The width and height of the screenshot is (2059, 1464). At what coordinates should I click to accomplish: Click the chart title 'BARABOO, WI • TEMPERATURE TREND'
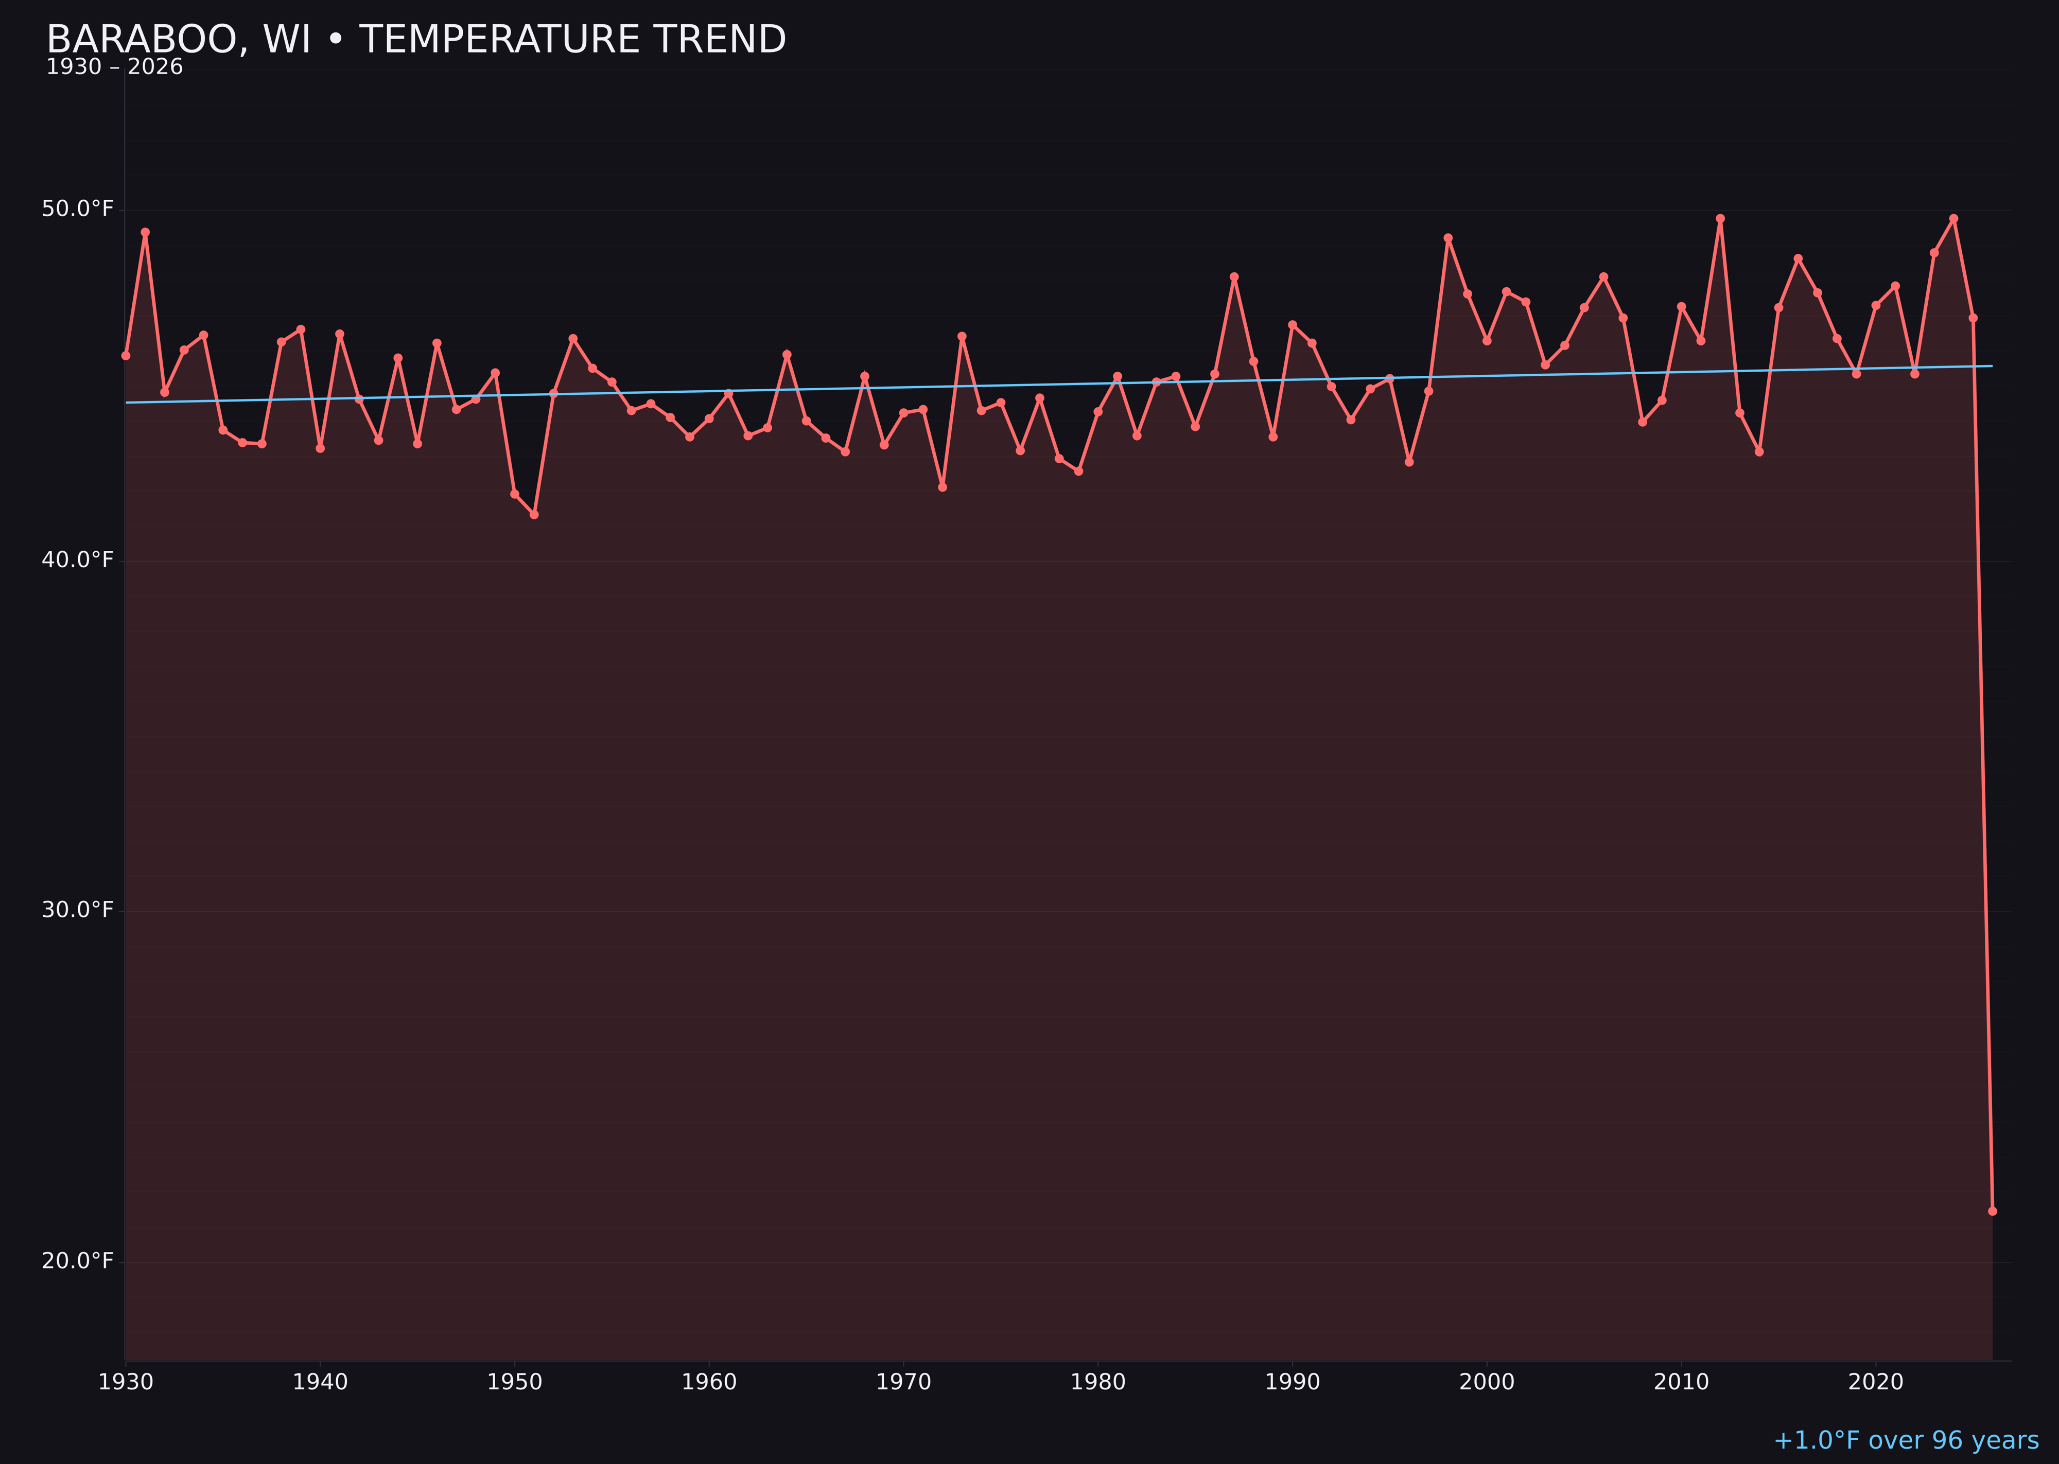click(x=415, y=40)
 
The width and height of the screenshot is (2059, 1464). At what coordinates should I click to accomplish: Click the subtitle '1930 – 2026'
click(x=114, y=67)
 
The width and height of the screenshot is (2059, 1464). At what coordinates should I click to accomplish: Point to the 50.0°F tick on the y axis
click(x=78, y=209)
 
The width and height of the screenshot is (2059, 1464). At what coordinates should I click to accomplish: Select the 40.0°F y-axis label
click(x=78, y=560)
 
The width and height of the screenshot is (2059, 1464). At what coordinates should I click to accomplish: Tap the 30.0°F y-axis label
click(x=78, y=910)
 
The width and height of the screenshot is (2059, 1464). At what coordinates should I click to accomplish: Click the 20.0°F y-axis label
click(x=78, y=1260)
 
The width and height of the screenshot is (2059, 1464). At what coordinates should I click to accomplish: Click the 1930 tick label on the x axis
click(x=125, y=1382)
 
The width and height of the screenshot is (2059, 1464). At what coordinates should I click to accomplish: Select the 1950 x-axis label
click(x=515, y=1382)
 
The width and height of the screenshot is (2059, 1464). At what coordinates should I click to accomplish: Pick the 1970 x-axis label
click(x=903, y=1382)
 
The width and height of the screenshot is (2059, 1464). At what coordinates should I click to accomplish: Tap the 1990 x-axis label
click(x=1292, y=1382)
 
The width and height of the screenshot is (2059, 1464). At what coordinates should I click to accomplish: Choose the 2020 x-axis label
click(x=1875, y=1382)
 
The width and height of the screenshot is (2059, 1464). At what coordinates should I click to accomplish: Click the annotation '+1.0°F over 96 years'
click(x=1906, y=1440)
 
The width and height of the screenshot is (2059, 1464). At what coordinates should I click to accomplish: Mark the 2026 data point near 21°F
click(x=1992, y=1211)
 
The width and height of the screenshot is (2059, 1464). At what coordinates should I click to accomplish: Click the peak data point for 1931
click(x=145, y=232)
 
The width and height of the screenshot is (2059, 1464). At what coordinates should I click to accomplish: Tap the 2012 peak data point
click(x=1720, y=218)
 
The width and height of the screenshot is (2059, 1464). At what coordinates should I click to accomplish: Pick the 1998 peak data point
click(x=1448, y=238)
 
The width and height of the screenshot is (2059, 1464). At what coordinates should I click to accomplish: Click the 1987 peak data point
click(x=1234, y=277)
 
